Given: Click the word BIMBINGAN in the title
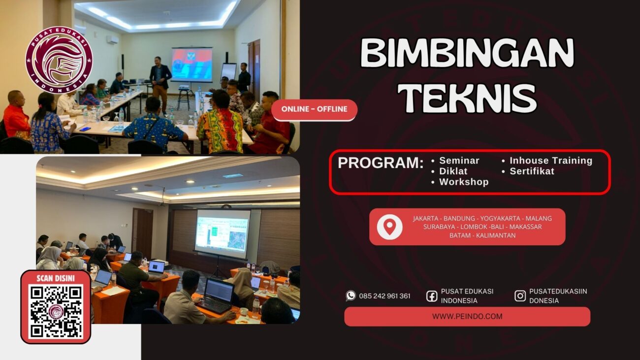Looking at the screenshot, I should pyautogui.click(x=467, y=53).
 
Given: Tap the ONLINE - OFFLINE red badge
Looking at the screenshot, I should pyautogui.click(x=314, y=110).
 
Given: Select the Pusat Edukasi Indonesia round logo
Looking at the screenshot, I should pyautogui.click(x=59, y=60).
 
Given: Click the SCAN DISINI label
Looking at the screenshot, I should pyautogui.click(x=56, y=279).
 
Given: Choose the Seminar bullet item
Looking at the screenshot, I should pyautogui.click(x=459, y=161).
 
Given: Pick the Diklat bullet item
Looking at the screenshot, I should pyautogui.click(x=453, y=171).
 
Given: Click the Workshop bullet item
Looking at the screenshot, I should pyautogui.click(x=463, y=182).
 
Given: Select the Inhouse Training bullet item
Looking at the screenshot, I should pyautogui.click(x=550, y=161).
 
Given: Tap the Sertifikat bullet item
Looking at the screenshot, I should pyautogui.click(x=532, y=171).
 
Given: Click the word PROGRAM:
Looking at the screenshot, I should pyautogui.click(x=381, y=163).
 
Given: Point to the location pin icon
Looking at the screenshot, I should pyautogui.click(x=389, y=227).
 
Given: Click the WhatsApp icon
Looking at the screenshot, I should pyautogui.click(x=351, y=295).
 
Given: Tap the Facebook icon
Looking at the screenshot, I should pyautogui.click(x=432, y=295).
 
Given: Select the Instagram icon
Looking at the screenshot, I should pyautogui.click(x=520, y=295).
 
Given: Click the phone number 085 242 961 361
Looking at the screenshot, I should pyautogui.click(x=384, y=296).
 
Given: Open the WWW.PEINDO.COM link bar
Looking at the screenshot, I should pyautogui.click(x=467, y=317).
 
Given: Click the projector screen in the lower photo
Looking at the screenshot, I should pyautogui.click(x=223, y=233).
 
